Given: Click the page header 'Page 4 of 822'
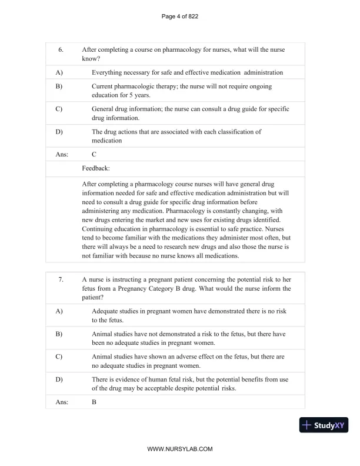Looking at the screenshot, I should click(179, 16).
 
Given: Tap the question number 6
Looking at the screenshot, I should click(61, 50).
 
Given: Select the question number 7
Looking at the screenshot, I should click(61, 279).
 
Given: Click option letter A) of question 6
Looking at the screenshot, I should click(59, 72).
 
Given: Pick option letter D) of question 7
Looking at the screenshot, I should click(59, 380).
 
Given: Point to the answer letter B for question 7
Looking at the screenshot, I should click(94, 402).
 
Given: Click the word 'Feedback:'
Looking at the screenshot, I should click(96, 168).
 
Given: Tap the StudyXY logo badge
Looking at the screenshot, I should click(324, 425).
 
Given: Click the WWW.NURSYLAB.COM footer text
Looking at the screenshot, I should click(179, 449).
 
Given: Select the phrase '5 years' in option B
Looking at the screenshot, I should click(139, 95).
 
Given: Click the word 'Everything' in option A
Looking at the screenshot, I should click(109, 72).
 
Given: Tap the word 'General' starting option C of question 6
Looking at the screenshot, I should click(105, 109).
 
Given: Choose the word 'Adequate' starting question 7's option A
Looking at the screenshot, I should click(107, 311).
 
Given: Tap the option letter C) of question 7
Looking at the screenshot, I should click(59, 357).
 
